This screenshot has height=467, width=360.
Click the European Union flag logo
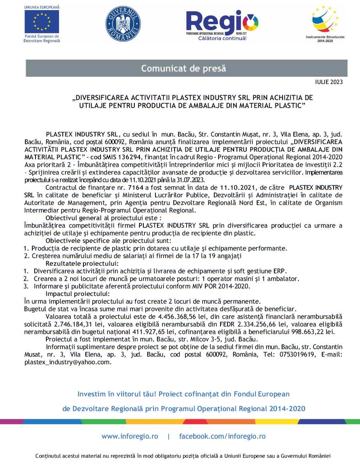point(42,22)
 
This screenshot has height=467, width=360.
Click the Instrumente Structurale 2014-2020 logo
point(325,22)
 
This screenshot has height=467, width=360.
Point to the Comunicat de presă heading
point(184,69)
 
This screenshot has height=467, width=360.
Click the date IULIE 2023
point(330,82)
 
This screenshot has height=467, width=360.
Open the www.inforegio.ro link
point(130,436)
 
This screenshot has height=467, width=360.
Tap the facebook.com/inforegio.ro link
point(222,436)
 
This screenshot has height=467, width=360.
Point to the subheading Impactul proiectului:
point(78,293)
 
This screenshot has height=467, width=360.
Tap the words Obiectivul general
point(68,218)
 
